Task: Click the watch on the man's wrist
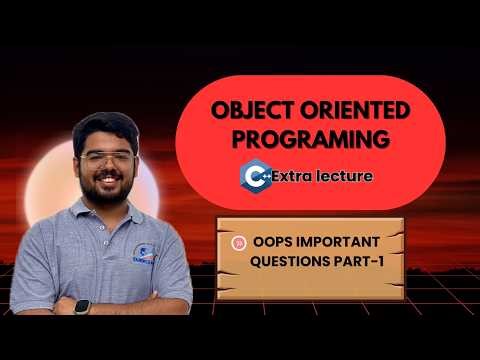point(82,306)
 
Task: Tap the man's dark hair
point(105,125)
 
